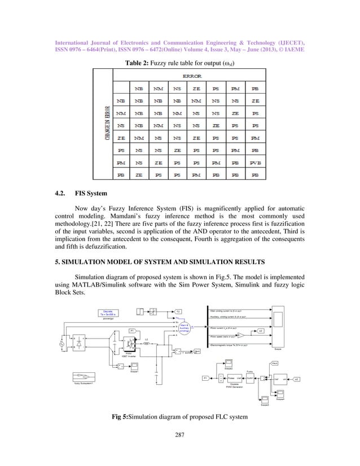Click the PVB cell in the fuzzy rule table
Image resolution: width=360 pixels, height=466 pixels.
tap(255, 162)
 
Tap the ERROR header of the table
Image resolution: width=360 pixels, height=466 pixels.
tap(187, 75)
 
